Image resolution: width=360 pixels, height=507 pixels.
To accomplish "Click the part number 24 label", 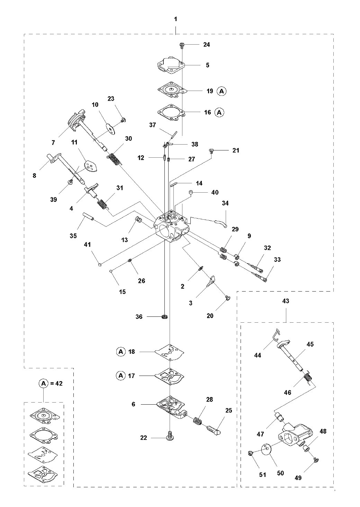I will coord(207,45).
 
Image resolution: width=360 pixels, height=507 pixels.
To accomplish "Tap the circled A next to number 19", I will coord(222,91).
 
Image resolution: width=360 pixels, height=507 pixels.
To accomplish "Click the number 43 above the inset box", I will coord(286,301).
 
